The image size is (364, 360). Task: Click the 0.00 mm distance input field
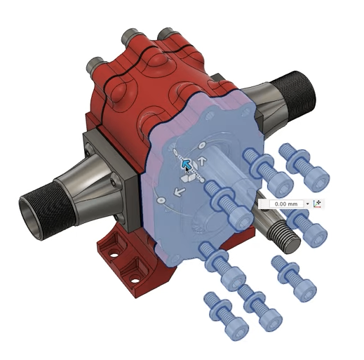point(286,204)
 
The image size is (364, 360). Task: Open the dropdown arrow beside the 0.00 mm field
point(308,204)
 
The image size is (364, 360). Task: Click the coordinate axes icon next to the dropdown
point(317,204)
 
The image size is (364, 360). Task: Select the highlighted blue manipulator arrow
point(186,164)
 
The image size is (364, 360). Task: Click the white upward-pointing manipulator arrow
point(203,161)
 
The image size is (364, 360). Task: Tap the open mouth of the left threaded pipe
point(31,213)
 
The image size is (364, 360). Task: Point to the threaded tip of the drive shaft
point(284,237)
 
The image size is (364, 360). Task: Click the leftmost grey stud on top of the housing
point(96,65)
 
